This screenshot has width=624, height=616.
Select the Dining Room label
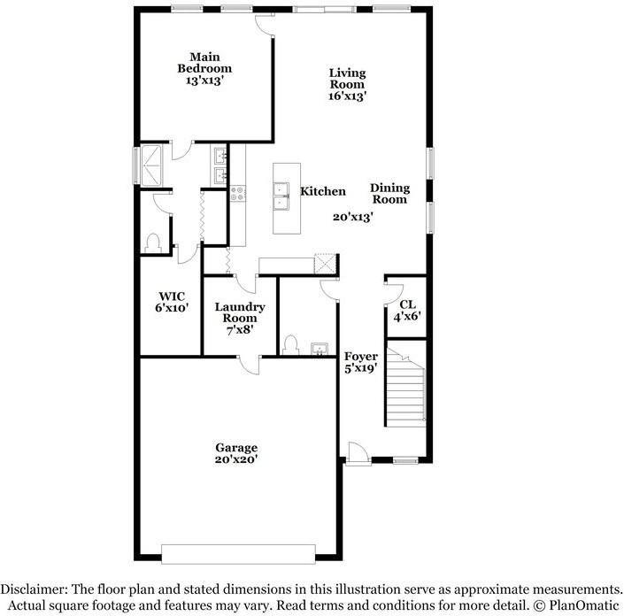point(389,193)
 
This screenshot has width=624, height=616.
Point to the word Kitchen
point(322,191)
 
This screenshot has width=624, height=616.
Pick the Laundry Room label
point(240,318)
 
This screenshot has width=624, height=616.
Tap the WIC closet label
point(171,302)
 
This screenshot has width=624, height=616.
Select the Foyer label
point(362,362)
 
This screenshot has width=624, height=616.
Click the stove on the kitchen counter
point(237,192)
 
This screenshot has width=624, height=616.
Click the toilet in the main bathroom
point(153,241)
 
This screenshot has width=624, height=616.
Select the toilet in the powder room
point(291,343)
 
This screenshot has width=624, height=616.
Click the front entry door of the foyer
point(358,455)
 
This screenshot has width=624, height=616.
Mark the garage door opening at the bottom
point(235,554)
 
